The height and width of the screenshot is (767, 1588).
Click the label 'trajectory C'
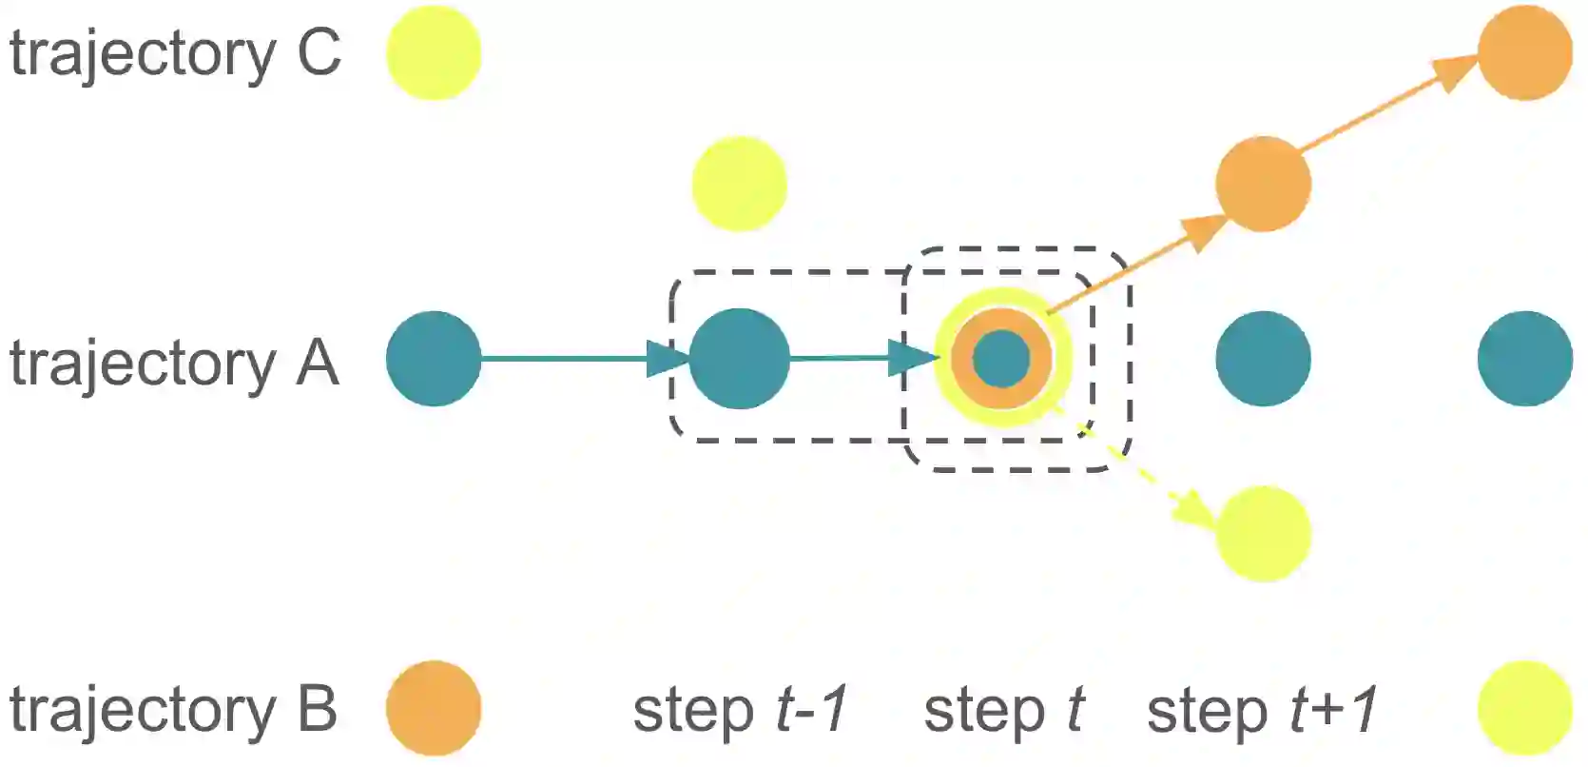click(175, 53)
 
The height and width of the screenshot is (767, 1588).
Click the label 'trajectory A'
click(174, 364)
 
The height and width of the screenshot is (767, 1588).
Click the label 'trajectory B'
click(173, 710)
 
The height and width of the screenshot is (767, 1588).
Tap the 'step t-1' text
click(740, 710)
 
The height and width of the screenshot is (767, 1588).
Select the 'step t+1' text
click(1262, 710)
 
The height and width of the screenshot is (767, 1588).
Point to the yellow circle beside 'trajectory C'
click(434, 53)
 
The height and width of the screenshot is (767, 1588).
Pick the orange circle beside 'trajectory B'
click(434, 709)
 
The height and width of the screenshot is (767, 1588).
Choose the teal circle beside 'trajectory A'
click(434, 359)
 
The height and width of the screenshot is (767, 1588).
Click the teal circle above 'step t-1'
click(739, 359)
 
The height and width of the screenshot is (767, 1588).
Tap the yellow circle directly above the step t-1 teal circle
click(739, 184)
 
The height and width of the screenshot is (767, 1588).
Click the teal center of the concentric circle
click(1001, 359)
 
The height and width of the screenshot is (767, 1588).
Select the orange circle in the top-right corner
click(1524, 53)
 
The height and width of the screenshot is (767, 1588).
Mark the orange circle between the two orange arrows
click(1263, 184)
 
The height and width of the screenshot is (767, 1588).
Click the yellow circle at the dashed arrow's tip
click(1263, 534)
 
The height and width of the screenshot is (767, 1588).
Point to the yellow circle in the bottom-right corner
click(1524, 709)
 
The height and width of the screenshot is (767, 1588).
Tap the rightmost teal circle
click(1524, 359)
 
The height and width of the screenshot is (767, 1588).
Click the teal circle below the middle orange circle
click(1263, 359)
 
